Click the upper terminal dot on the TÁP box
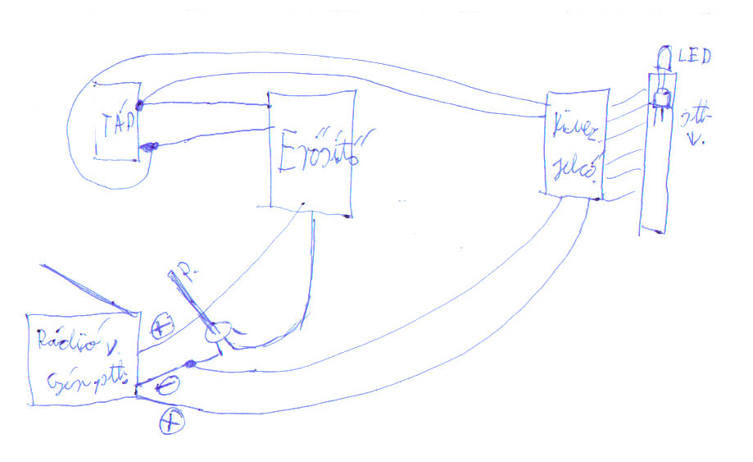point(140,105)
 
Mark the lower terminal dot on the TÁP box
point(148,147)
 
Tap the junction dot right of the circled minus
point(190,364)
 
